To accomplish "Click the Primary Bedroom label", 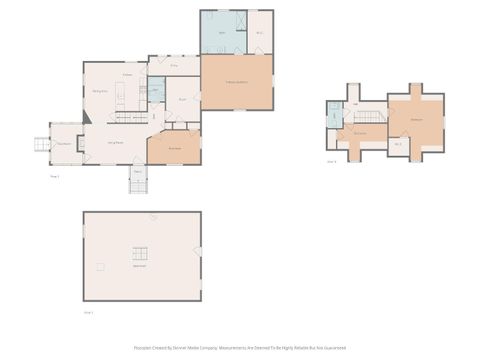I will (x=236, y=82).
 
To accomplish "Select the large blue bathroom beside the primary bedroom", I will (x=223, y=32).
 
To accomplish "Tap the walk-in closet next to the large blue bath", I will (x=260, y=32).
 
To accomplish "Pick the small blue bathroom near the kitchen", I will (x=155, y=91).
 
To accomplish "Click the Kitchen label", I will (x=128, y=75).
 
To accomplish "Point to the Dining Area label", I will (x=100, y=91).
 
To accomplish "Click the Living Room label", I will (x=115, y=143).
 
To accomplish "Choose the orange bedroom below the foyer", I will (x=174, y=147).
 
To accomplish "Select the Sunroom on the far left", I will (x=64, y=143).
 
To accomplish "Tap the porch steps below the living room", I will (x=138, y=183).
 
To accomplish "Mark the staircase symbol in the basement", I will (x=140, y=253).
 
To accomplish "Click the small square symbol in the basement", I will (x=99, y=266).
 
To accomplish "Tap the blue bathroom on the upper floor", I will (x=334, y=115).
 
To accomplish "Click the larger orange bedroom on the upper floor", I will (x=416, y=119).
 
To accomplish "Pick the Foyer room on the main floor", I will (x=183, y=100).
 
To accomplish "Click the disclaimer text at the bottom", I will (x=240, y=348).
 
